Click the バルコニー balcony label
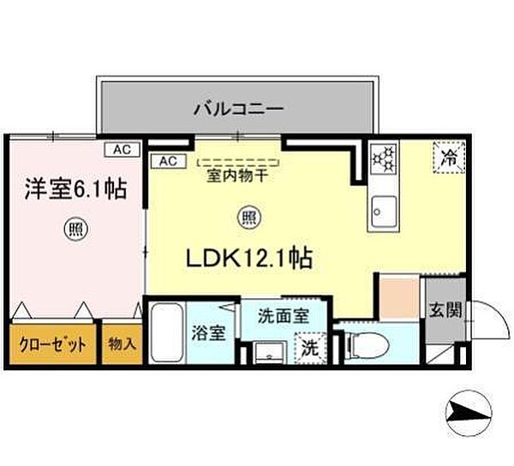pyautogui.click(x=238, y=108)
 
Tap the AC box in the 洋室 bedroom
pyautogui.click(x=123, y=150)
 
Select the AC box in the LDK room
pyautogui.click(x=169, y=161)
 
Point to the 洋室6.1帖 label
pyautogui.click(x=75, y=189)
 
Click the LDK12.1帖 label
pyautogui.click(x=249, y=258)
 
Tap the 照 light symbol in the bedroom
pyautogui.click(x=75, y=229)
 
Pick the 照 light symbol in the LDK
pyautogui.click(x=250, y=218)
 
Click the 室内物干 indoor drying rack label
pyautogui.click(x=237, y=176)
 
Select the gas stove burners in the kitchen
pyautogui.click(x=384, y=159)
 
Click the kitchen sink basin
pyautogui.click(x=383, y=212)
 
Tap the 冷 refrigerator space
pyautogui.click(x=449, y=157)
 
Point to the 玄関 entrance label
pyautogui.click(x=445, y=309)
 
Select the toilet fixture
pyautogui.click(x=368, y=344)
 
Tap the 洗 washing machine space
pyautogui.click(x=310, y=348)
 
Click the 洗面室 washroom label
pyautogui.click(x=284, y=316)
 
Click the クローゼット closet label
pyautogui.click(x=53, y=344)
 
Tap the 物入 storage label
pyautogui.click(x=122, y=344)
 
